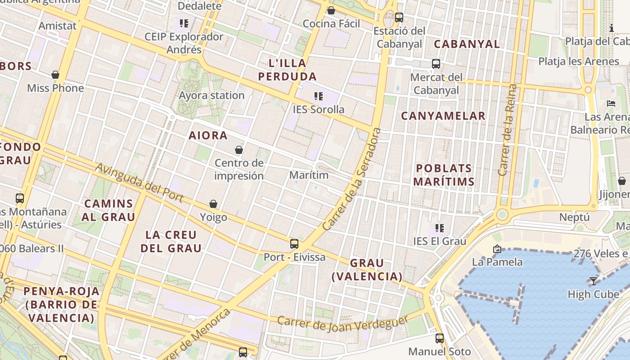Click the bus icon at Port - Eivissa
[x=294, y=244]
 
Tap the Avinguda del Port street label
[x=139, y=182]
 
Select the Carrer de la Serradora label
[x=352, y=179]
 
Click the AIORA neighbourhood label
[x=208, y=135]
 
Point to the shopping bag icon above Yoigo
[x=213, y=204]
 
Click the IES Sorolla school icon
[x=319, y=96]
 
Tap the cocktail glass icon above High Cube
[x=594, y=281]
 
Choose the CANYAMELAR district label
[x=443, y=116]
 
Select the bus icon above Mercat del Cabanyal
[x=436, y=64]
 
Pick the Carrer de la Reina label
[x=508, y=130]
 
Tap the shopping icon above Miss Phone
[x=55, y=75]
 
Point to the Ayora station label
[x=211, y=95]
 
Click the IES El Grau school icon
[x=440, y=228]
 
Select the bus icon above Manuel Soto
[x=440, y=338]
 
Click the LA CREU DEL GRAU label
[x=171, y=241]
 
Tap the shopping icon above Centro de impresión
[x=239, y=150]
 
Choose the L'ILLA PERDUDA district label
[x=287, y=70]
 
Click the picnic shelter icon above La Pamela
[x=497, y=249]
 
